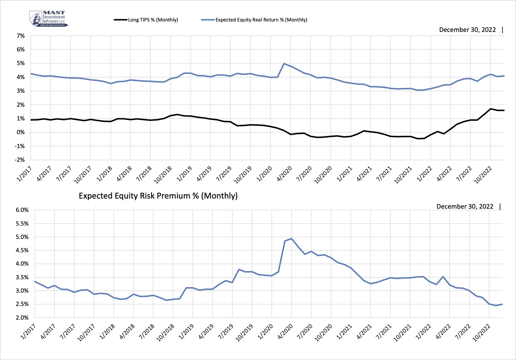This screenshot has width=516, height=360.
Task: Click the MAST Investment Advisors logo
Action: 48,19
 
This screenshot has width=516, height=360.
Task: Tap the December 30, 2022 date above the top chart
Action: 467,30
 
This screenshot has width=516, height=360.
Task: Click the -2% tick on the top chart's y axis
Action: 20,160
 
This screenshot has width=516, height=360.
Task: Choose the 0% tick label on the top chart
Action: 21,132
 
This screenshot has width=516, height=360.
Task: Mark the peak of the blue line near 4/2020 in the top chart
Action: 284,64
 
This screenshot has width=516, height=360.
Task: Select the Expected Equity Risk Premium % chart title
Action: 158,196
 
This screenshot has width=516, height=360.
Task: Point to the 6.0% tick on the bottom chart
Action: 22,210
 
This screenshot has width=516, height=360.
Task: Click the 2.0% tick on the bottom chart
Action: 22,317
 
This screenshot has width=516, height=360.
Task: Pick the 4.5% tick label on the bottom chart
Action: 22,250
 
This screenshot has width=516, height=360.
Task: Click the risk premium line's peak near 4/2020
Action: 292,239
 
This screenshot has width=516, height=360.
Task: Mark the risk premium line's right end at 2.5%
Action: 502,304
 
